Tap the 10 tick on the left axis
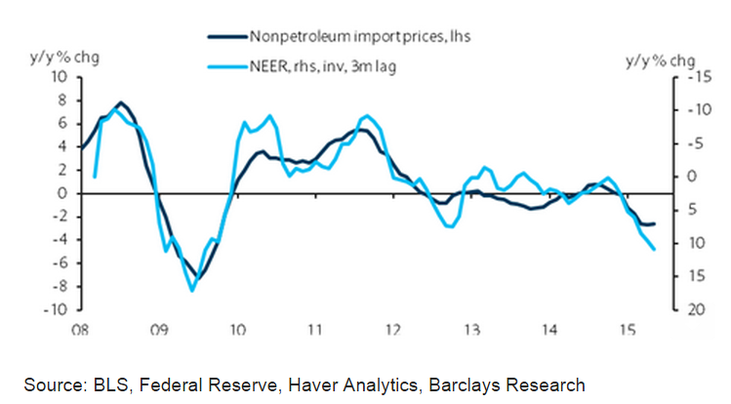click(59, 77)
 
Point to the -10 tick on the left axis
click(55, 309)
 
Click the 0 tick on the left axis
click(62, 193)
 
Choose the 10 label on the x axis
click(236, 329)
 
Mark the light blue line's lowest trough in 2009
click(192, 290)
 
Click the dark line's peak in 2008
click(119, 102)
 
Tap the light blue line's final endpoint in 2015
click(653, 250)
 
